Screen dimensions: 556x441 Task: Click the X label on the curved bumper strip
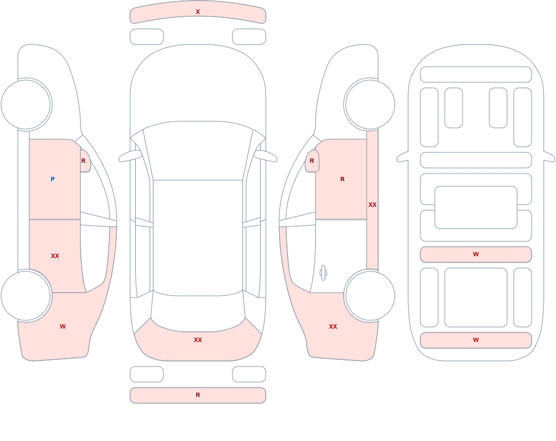(x=198, y=12)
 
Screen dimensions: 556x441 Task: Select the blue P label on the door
(x=52, y=179)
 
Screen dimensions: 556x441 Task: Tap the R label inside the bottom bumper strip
(x=198, y=395)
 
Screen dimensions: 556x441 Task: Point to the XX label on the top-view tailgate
(x=198, y=340)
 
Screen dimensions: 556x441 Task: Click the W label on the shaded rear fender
(x=63, y=326)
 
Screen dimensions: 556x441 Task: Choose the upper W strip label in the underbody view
(x=476, y=254)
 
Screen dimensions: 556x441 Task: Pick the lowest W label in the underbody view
(x=476, y=340)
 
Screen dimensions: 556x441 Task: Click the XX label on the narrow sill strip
(x=373, y=205)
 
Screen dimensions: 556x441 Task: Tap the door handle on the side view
(x=323, y=273)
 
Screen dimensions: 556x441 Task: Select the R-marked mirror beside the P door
(x=85, y=161)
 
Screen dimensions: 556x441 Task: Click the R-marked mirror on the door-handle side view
(x=312, y=161)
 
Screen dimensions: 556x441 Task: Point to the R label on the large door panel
(x=342, y=179)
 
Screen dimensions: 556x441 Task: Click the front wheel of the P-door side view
(x=26, y=105)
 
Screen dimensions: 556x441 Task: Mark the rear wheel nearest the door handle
(x=370, y=295)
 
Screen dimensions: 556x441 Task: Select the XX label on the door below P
(x=55, y=256)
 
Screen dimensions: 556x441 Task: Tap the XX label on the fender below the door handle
(x=333, y=326)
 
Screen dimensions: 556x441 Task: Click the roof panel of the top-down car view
(x=198, y=237)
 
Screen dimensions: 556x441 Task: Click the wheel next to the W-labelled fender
(x=26, y=295)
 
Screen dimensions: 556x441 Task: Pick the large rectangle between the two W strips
(x=476, y=298)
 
